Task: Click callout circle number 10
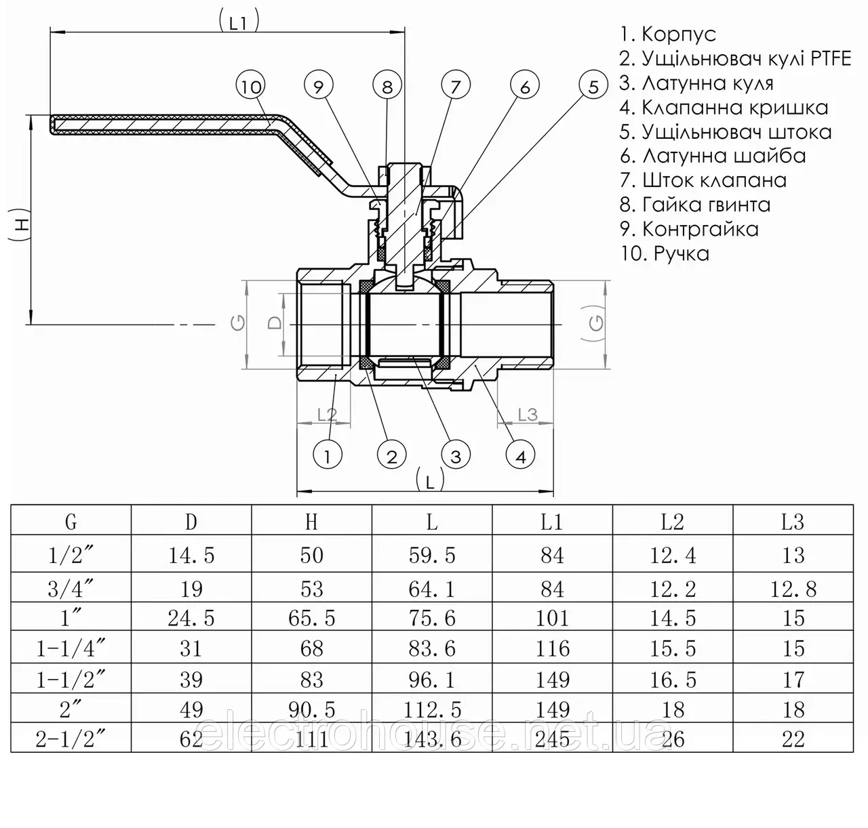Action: (251, 85)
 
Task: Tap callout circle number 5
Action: (593, 85)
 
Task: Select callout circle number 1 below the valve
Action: (328, 455)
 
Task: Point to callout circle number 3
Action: (456, 455)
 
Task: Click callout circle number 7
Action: (456, 85)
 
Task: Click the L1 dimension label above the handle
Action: (239, 22)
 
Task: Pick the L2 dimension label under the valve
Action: (327, 415)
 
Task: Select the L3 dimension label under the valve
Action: (528, 415)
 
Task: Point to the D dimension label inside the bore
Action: (275, 323)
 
